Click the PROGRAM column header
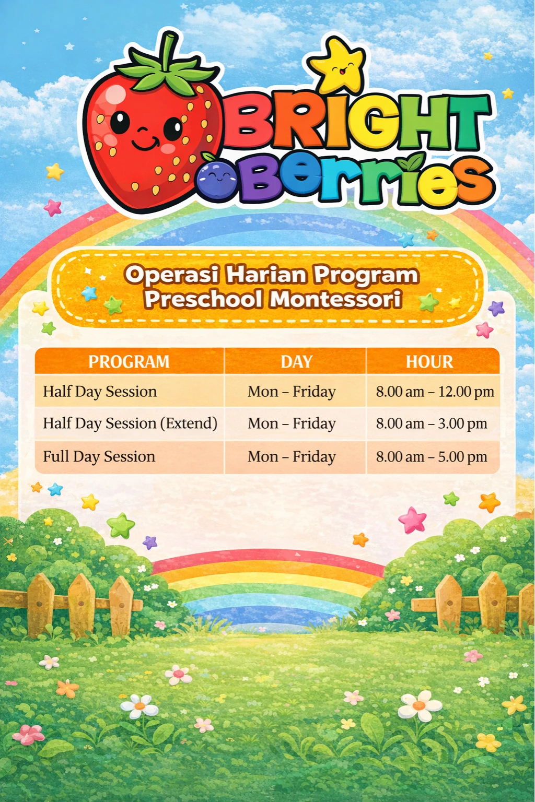point(129,362)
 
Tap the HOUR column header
point(429,362)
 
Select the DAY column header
point(296,362)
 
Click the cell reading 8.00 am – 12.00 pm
point(435,392)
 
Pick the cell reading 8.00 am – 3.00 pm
point(432,423)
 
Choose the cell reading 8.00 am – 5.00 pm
point(432,457)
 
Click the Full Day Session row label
point(99,457)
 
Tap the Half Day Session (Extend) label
point(130,423)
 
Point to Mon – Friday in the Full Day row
point(292,457)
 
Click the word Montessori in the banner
point(335,299)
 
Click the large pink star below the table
point(413,520)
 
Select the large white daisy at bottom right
point(420,706)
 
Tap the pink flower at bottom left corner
point(28,734)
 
